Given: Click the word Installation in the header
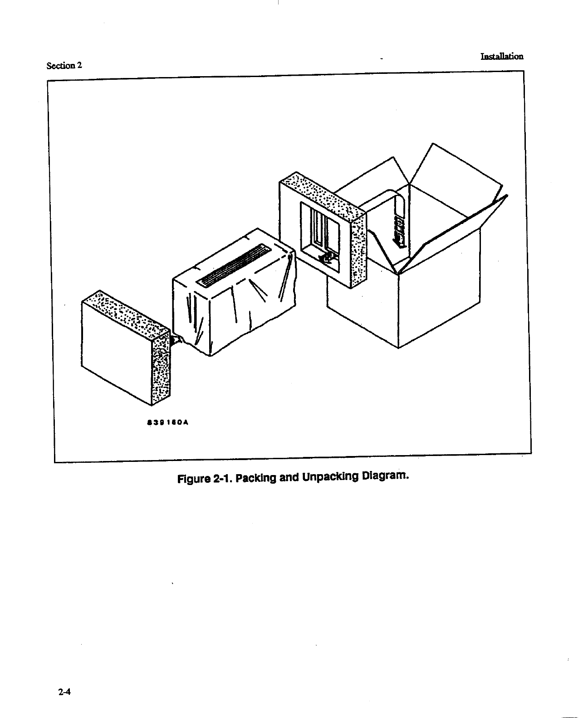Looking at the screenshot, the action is [x=502, y=57].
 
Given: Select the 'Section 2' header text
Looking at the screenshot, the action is [x=64, y=65].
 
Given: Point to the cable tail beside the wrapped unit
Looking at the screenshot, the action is [x=177, y=340].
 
